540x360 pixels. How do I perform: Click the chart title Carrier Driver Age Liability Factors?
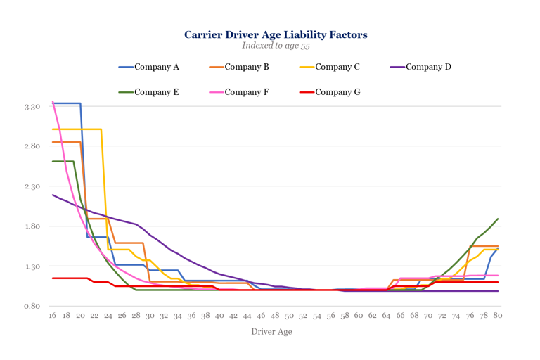pyautogui.click(x=276, y=34)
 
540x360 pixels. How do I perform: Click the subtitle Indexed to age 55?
pyautogui.click(x=276, y=46)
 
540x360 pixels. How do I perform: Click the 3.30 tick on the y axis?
pyautogui.click(x=30, y=107)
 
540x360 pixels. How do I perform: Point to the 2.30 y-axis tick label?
pyautogui.click(x=30, y=186)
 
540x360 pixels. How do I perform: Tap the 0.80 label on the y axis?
pyautogui.click(x=30, y=306)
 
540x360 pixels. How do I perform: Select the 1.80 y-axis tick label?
pyautogui.click(x=30, y=226)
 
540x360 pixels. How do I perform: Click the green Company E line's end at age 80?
pyautogui.click(x=498, y=219)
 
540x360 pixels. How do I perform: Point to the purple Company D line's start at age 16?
pyautogui.click(x=53, y=195)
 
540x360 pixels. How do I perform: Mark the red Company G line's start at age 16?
pyautogui.click(x=53, y=278)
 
